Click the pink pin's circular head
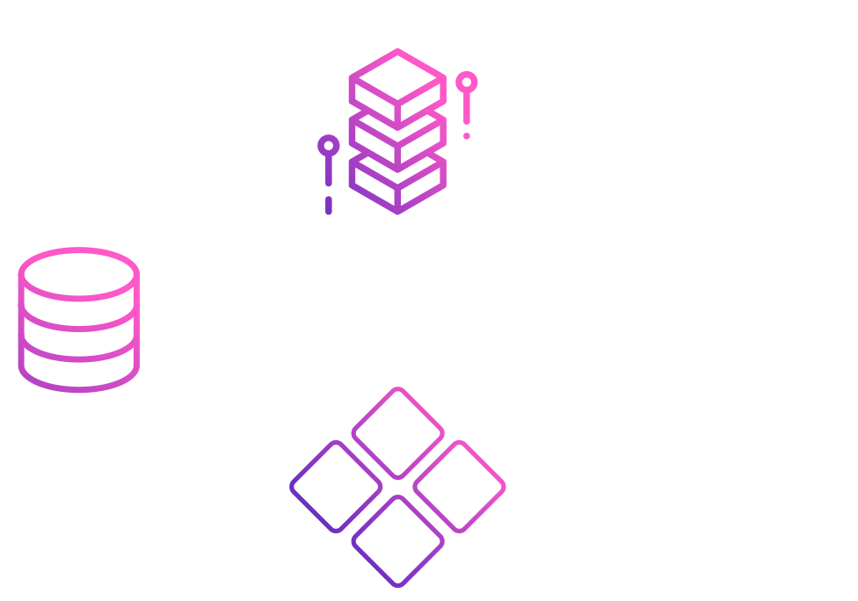[x=467, y=83]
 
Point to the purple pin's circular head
[x=329, y=145]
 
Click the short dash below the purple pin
[x=329, y=206]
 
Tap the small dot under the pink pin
[x=467, y=136]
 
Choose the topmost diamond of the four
[x=397, y=433]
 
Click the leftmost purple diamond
[x=336, y=486]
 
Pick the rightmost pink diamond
[x=459, y=486]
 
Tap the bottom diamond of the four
[x=397, y=540]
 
